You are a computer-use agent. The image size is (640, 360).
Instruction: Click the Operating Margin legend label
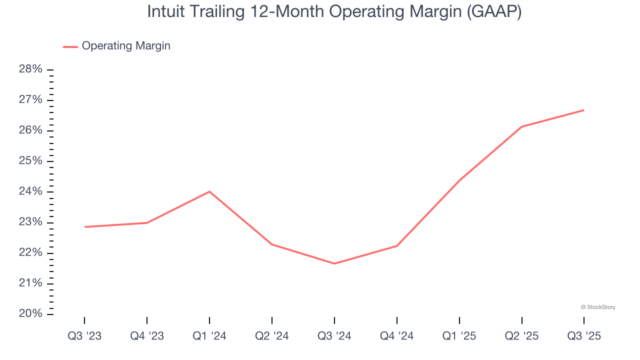point(126,46)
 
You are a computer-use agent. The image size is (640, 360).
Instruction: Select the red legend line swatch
point(70,46)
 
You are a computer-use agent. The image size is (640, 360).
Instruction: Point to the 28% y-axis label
point(30,69)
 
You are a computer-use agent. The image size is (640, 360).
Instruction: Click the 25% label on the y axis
point(30,161)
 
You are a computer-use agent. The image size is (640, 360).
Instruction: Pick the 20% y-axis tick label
point(30,314)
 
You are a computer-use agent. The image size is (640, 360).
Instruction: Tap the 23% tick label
point(30,222)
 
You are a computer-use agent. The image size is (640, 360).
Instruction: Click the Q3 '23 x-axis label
point(84,336)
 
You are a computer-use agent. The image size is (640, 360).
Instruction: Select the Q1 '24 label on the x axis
point(209,336)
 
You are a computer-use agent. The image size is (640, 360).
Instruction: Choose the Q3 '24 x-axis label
point(334,336)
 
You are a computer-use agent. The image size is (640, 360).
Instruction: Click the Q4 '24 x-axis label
point(397,336)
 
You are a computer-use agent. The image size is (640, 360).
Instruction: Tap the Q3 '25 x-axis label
point(584,336)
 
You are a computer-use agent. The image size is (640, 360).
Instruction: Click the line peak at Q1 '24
point(209,191)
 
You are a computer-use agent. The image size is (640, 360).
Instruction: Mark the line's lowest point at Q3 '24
point(334,263)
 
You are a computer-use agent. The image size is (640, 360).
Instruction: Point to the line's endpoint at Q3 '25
point(584,110)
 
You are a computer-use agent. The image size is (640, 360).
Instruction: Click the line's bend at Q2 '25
point(521,126)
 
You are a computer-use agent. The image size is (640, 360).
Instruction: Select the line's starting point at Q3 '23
point(84,227)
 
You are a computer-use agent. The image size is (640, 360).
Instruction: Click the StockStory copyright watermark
point(598,307)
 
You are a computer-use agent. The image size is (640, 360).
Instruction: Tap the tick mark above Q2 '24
point(272,320)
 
